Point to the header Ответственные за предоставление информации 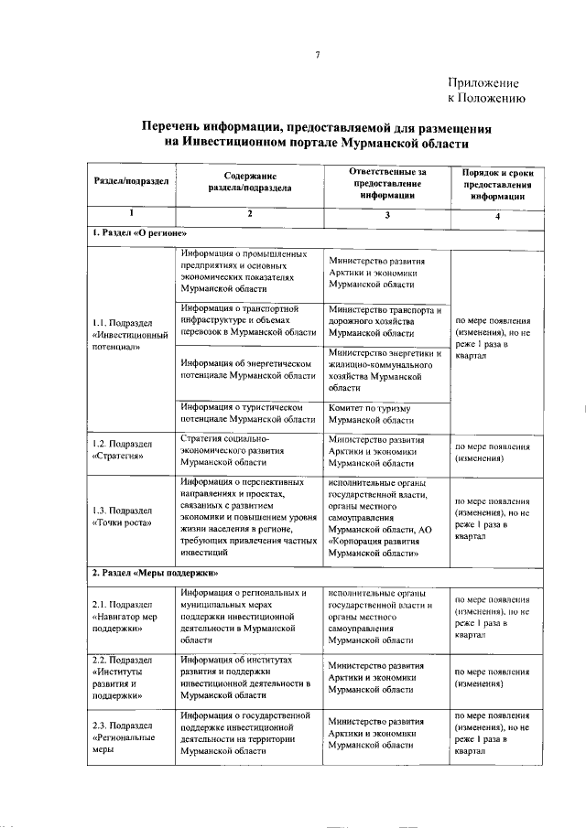(x=387, y=182)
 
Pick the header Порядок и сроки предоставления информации (x=497, y=184)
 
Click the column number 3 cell (x=387, y=215)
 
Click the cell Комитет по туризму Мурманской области (x=370, y=414)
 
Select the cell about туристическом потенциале (x=248, y=414)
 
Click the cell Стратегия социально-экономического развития (x=237, y=450)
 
